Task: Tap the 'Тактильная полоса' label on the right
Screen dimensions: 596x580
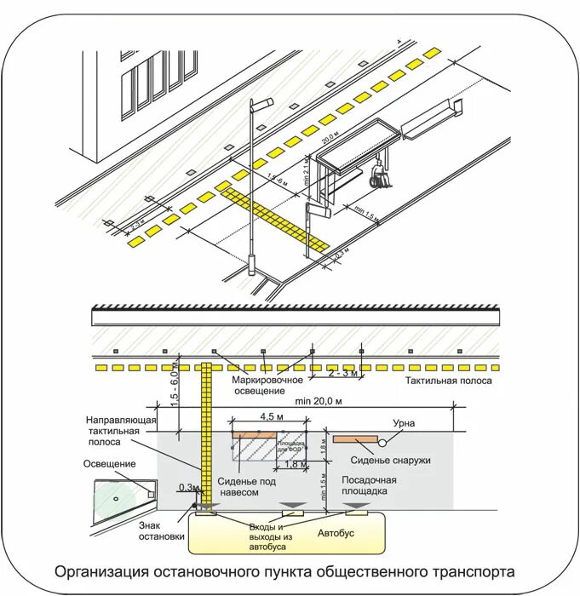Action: click(448, 381)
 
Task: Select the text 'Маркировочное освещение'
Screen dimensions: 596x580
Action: click(266, 385)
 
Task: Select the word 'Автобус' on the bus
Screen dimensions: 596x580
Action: click(335, 532)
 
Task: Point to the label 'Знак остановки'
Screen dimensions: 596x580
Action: click(161, 530)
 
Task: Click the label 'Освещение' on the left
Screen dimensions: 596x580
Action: click(109, 463)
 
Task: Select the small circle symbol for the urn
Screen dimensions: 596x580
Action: click(383, 442)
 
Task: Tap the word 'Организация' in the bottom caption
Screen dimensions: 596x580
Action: click(100, 570)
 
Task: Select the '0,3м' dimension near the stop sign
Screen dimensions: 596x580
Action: click(187, 488)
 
